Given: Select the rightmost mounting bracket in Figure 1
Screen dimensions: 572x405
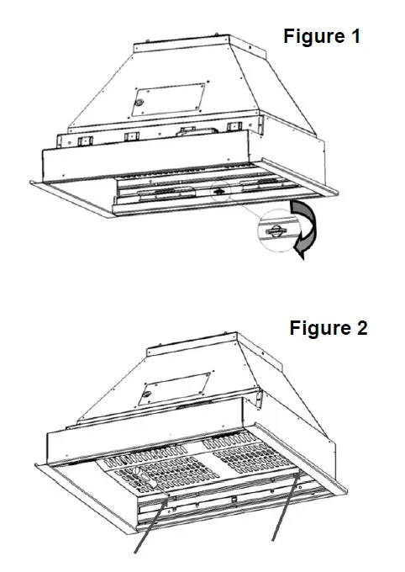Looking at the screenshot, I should pos(234,128).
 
